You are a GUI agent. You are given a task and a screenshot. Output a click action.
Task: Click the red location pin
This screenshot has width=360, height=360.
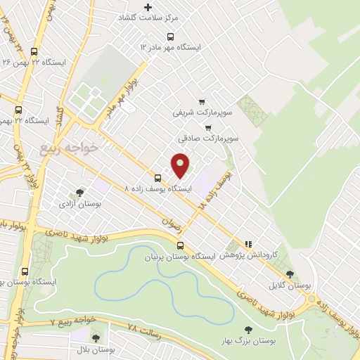[x=181, y=165]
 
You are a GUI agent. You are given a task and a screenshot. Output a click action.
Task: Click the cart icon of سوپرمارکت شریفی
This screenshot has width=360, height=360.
[x=202, y=102]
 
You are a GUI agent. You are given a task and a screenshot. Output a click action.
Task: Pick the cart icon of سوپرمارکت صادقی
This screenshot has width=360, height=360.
[x=207, y=128]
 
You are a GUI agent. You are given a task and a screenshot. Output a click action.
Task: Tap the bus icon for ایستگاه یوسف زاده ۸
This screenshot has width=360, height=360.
[x=158, y=179]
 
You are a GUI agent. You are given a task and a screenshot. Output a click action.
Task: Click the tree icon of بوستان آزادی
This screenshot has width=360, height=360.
[x=79, y=193]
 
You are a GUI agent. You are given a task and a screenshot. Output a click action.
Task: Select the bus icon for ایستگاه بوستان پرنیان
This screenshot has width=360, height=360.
[x=181, y=245]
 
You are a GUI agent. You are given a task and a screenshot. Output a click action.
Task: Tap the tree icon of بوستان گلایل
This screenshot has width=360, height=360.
[x=290, y=275]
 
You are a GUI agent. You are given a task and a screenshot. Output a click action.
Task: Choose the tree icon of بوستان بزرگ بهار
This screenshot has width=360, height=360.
[x=247, y=329]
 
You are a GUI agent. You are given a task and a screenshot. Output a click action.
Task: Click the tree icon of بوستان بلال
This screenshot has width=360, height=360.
[x=96, y=338]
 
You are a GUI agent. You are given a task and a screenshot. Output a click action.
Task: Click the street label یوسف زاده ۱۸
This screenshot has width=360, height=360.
[x=215, y=188]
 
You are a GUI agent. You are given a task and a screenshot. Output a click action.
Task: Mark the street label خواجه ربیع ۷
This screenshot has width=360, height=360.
[x=73, y=321]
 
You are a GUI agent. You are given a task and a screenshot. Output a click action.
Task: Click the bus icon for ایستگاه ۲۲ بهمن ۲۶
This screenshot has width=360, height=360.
[x=34, y=51]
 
